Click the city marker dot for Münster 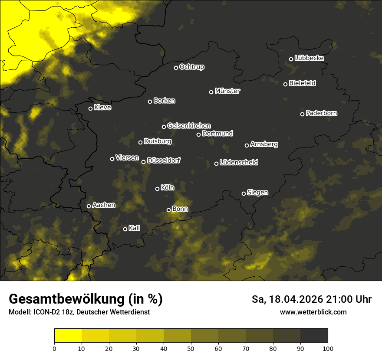211,92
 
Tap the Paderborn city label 321,114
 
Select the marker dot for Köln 157,189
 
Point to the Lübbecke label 309,58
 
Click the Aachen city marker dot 89,206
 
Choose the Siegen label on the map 257,193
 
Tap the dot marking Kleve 90,108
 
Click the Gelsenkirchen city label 189,126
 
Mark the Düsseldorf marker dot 143,162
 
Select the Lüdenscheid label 239,163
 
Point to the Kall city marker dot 125,229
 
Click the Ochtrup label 192,67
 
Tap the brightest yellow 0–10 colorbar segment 68,336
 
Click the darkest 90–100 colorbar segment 314,336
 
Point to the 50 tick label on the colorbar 191,348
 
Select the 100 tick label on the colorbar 328,348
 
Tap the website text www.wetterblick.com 313,312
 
